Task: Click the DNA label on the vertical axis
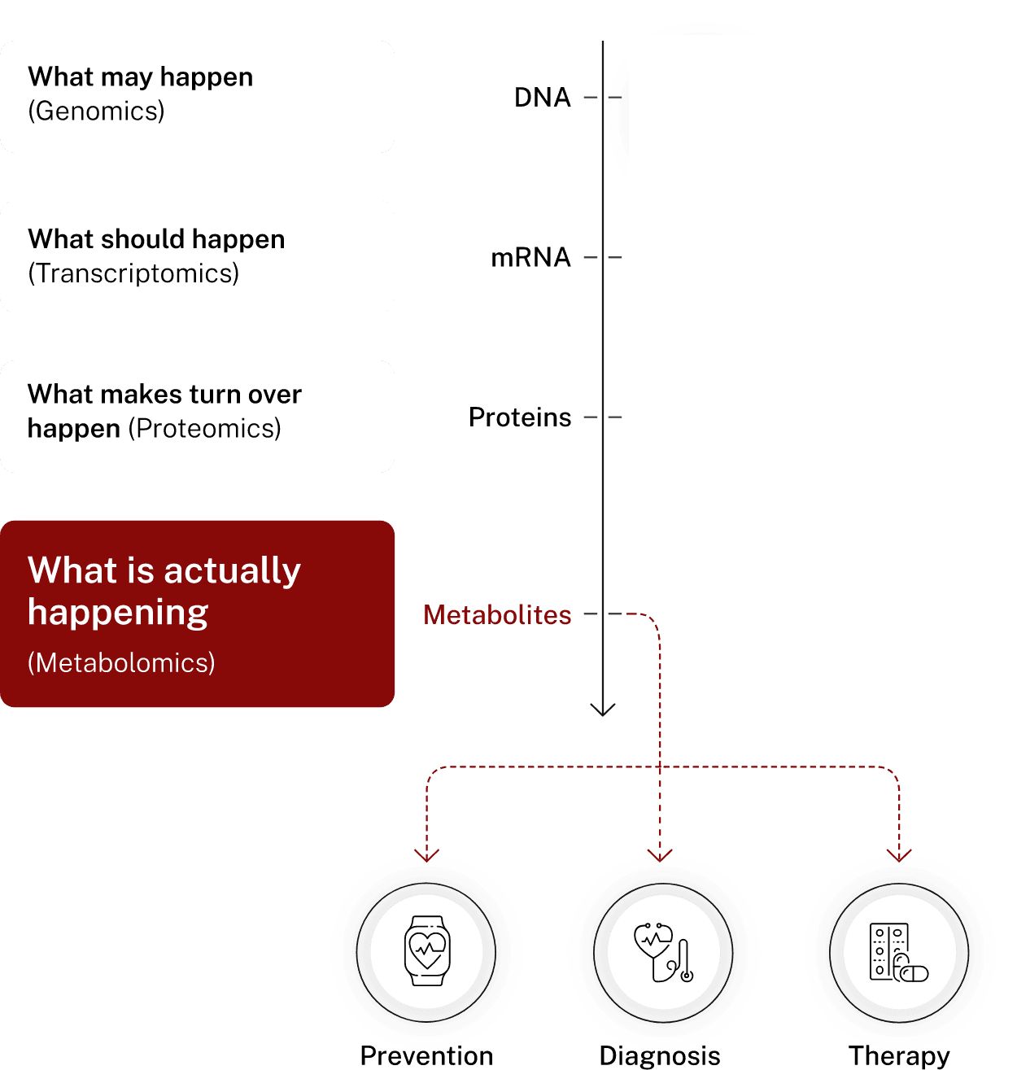542,98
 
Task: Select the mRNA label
530,258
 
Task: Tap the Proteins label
520,417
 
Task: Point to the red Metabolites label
497,615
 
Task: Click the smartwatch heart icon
427,950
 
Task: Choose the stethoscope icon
663,952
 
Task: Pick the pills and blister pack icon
898,952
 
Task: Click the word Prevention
426,1055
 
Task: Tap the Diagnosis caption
660,1055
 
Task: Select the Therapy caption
899,1055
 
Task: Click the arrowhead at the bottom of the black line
603,710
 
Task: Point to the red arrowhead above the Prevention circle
426,854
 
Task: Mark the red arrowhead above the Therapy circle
899,854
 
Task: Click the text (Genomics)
96,111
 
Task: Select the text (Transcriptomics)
133,273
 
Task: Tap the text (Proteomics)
204,428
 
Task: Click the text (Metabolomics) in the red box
121,663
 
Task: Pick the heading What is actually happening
164,591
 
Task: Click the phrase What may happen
141,77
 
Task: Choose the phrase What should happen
156,239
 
